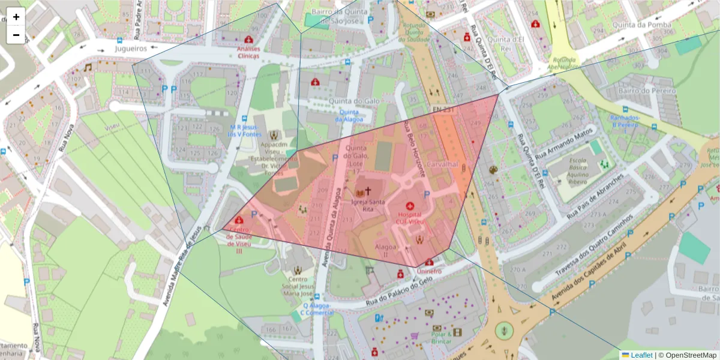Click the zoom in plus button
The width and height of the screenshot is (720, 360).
(x=16, y=17)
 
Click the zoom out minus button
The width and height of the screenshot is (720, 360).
(x=16, y=35)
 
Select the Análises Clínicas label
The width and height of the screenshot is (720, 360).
(x=248, y=52)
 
